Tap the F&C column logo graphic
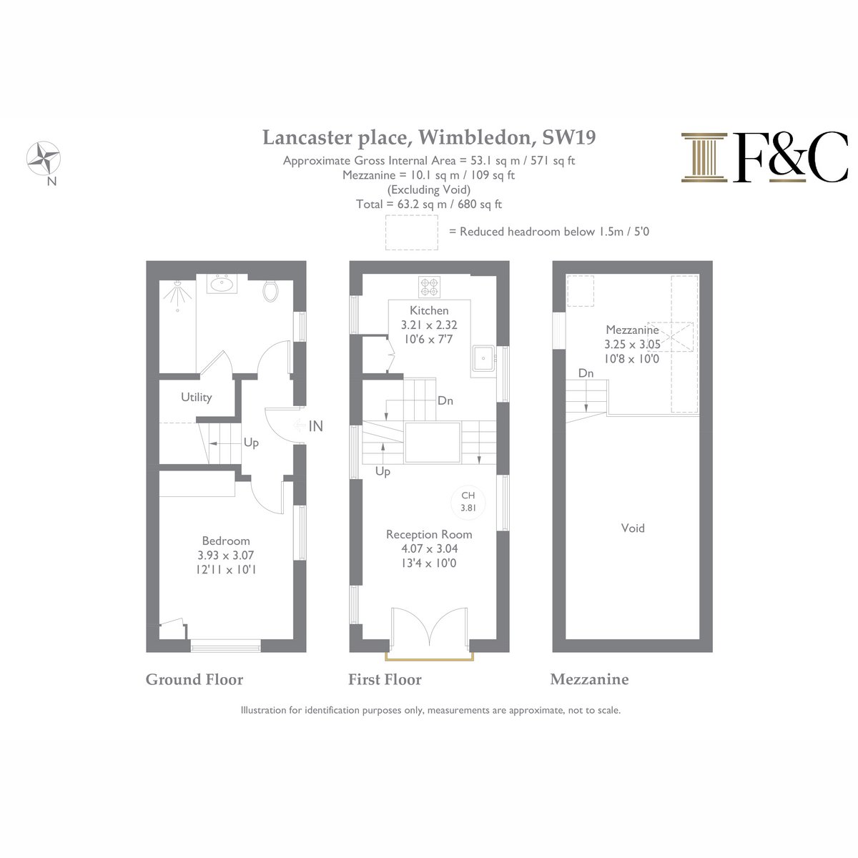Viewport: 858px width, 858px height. coord(704,157)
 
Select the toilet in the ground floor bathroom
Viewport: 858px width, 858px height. coord(270,290)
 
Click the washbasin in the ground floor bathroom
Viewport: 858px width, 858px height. coord(221,284)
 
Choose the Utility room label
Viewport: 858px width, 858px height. coord(197,397)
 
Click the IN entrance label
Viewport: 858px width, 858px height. coord(316,426)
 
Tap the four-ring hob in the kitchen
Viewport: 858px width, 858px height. coord(429,287)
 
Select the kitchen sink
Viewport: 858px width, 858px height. coord(483,358)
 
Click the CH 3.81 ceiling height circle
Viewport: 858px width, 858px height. coord(468,502)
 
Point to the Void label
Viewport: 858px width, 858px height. coord(633,528)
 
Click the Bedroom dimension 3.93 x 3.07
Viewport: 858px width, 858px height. coord(226,556)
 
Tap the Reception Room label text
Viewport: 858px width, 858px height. coord(429,534)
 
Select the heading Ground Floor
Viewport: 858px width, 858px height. coord(194,679)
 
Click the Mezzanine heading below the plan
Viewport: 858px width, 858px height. coord(589,679)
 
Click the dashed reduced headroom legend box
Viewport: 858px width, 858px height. coord(411,232)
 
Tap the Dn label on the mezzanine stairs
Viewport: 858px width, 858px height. coord(586,373)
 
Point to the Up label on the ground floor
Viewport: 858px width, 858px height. coord(251,443)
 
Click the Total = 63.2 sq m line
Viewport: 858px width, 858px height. coord(429,204)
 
